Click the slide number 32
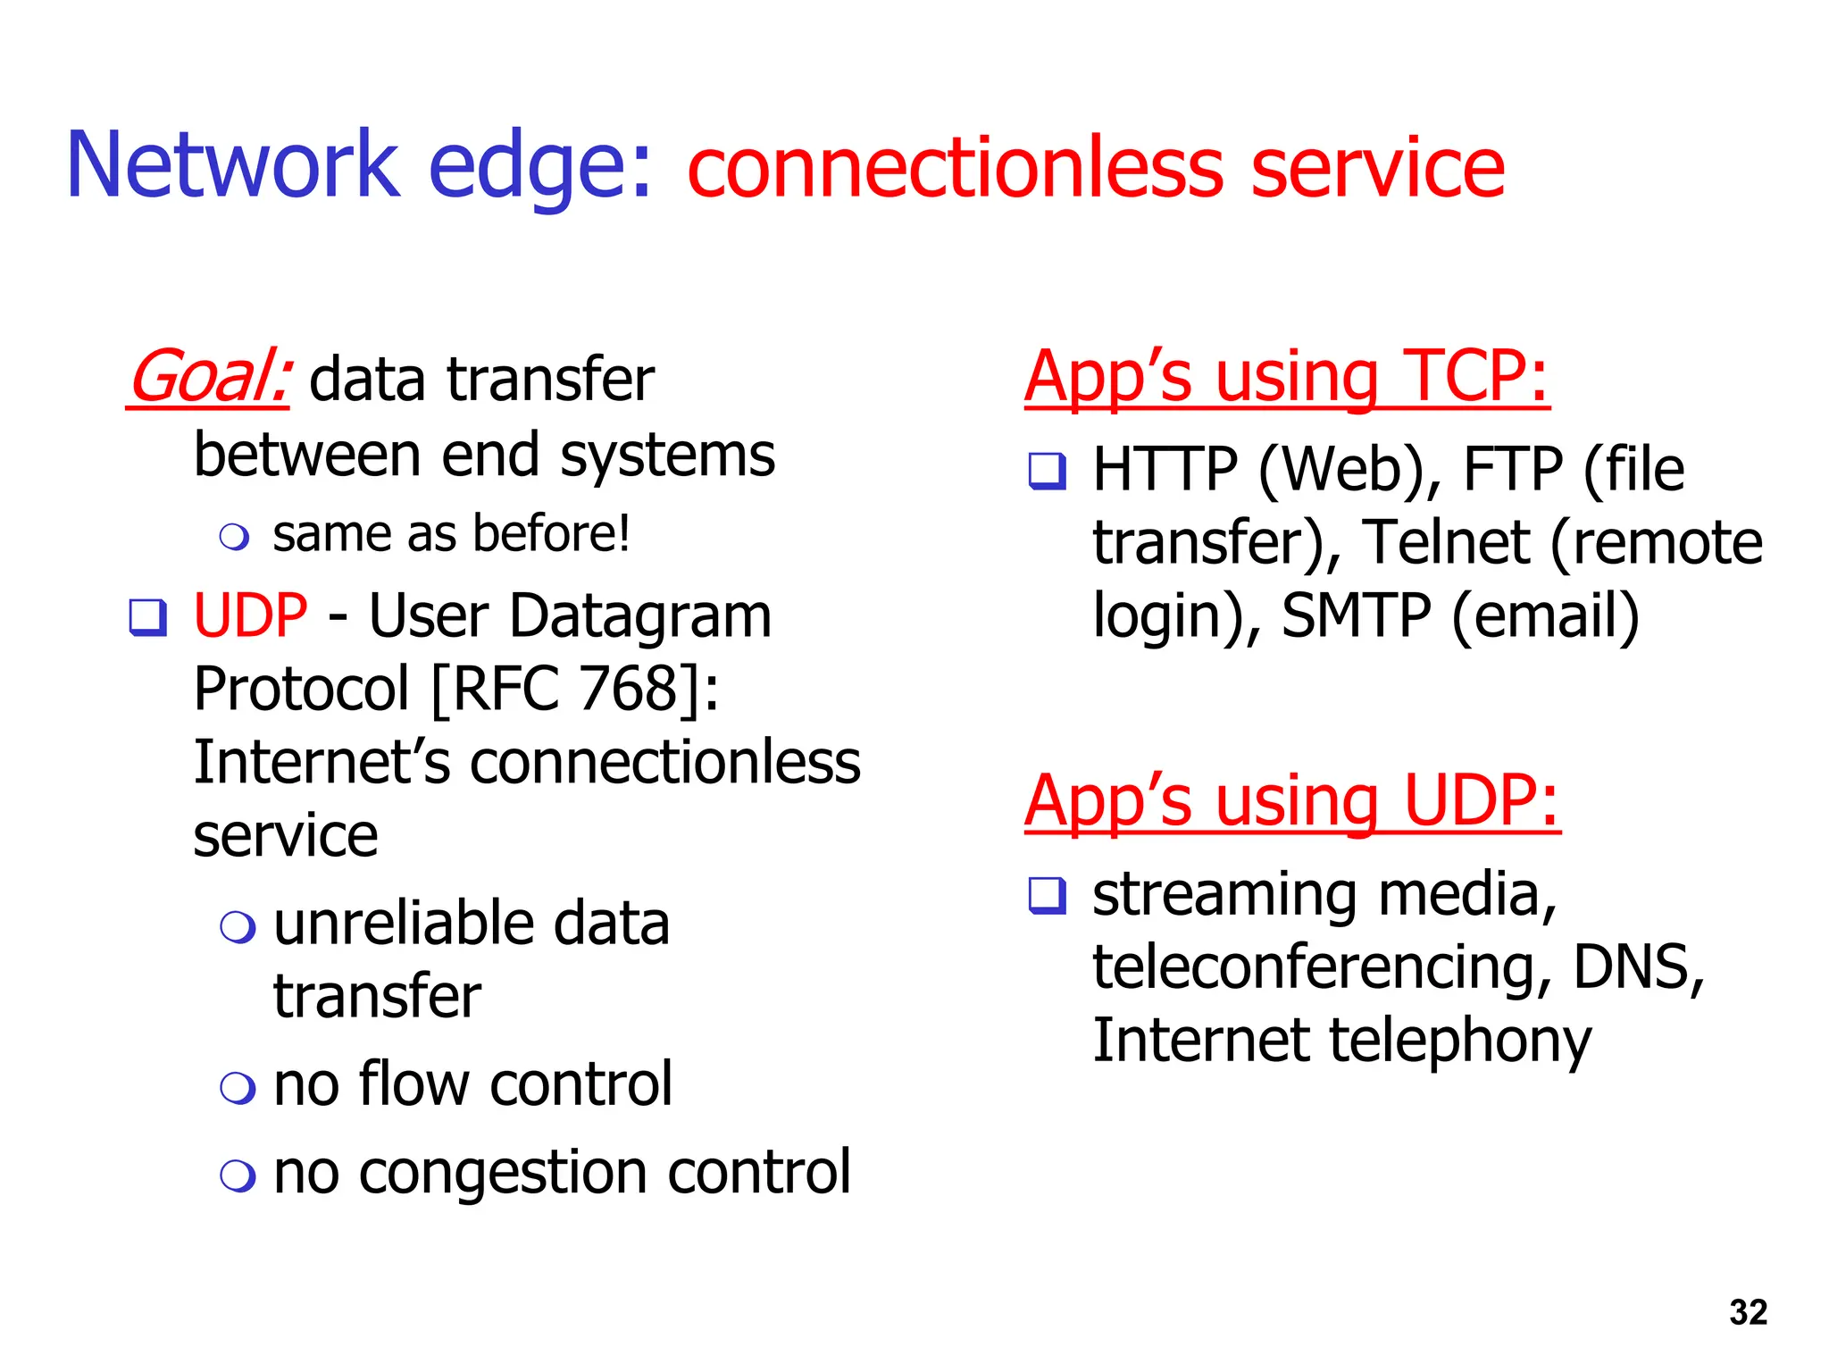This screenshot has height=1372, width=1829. point(1748,1312)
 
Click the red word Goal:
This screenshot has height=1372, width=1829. point(208,379)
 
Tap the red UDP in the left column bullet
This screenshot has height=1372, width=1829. point(250,616)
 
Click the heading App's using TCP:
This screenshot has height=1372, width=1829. point(1286,377)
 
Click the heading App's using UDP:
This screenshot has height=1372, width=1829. point(1291,801)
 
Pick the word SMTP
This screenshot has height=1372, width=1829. point(1356,616)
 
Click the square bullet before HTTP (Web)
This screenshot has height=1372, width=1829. point(1047,471)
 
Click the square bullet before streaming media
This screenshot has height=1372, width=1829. point(1047,895)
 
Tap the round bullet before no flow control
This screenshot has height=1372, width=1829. point(238,1087)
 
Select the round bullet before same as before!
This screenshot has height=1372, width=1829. point(234,537)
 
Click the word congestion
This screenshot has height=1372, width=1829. point(503,1173)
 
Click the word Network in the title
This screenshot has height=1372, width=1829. point(232,165)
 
